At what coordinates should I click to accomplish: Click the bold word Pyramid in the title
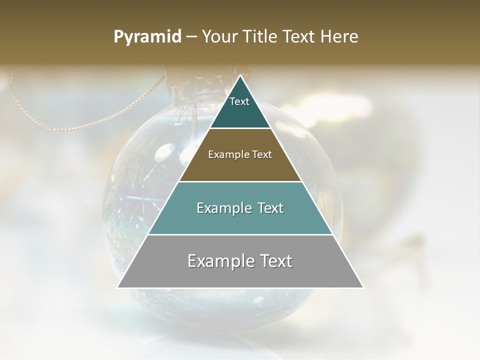(x=147, y=37)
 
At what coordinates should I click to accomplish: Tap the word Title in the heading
(x=260, y=37)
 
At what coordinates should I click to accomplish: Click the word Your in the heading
(x=219, y=37)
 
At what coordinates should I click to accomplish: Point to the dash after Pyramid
(x=191, y=37)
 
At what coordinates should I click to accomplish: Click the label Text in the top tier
(x=239, y=101)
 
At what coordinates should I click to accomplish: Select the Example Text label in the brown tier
(x=240, y=154)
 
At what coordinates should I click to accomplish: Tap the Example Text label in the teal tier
(x=240, y=208)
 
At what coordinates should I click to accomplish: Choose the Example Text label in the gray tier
(x=240, y=261)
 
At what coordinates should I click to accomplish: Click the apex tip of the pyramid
(x=240, y=76)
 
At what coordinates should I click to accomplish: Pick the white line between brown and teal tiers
(x=240, y=181)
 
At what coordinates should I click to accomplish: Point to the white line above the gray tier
(x=240, y=234)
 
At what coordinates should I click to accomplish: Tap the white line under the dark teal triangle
(x=240, y=128)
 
